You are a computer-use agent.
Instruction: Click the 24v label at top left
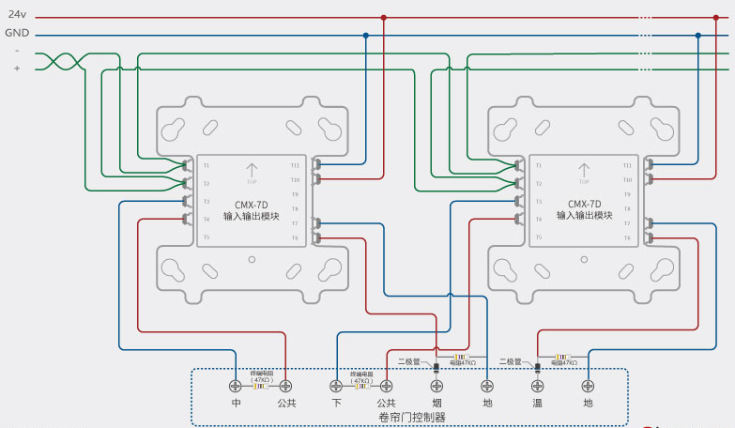tap(17, 15)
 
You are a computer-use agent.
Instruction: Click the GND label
tap(17, 32)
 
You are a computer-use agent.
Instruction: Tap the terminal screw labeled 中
tap(236, 386)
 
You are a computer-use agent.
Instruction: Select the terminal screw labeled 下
tap(336, 386)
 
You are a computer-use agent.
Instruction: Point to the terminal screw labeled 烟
tap(436, 386)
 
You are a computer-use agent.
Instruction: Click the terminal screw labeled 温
tap(538, 386)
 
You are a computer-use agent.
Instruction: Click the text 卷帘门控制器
tap(411, 417)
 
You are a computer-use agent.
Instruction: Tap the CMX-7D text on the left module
tap(251, 205)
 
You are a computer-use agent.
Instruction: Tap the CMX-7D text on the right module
tap(584, 205)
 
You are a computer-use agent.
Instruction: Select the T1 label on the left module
tap(207, 165)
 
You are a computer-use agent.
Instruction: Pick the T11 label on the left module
tap(295, 165)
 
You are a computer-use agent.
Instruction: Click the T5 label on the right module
tap(539, 237)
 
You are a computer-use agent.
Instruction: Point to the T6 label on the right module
tap(627, 237)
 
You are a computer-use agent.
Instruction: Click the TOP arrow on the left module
tap(251, 172)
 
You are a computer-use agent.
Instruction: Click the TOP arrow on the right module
tap(584, 172)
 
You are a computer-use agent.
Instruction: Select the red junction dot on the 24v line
tap(383, 17)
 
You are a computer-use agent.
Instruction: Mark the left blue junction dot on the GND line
tap(365, 35)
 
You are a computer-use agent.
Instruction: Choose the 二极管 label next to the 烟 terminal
tap(407, 360)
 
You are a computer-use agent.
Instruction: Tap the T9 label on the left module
tap(295, 194)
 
